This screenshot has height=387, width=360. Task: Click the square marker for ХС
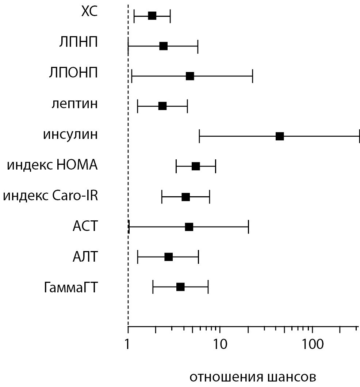click(x=152, y=16)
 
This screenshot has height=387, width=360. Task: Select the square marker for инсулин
click(x=280, y=136)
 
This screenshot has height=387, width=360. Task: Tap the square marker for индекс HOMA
click(x=196, y=166)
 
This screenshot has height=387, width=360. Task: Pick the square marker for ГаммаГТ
click(x=180, y=287)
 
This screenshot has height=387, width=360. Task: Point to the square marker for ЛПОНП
click(x=189, y=76)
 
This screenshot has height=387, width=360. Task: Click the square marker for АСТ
click(x=189, y=227)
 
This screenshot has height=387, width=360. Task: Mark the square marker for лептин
click(x=162, y=106)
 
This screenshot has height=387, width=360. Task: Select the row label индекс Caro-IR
click(x=51, y=196)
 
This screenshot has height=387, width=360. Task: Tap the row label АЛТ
click(x=85, y=257)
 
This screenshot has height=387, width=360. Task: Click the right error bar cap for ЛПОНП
click(x=252, y=76)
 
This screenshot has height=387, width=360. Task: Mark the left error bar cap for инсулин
click(x=199, y=136)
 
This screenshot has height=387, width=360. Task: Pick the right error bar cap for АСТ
click(x=248, y=227)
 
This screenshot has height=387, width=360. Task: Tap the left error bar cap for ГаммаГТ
click(x=153, y=287)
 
